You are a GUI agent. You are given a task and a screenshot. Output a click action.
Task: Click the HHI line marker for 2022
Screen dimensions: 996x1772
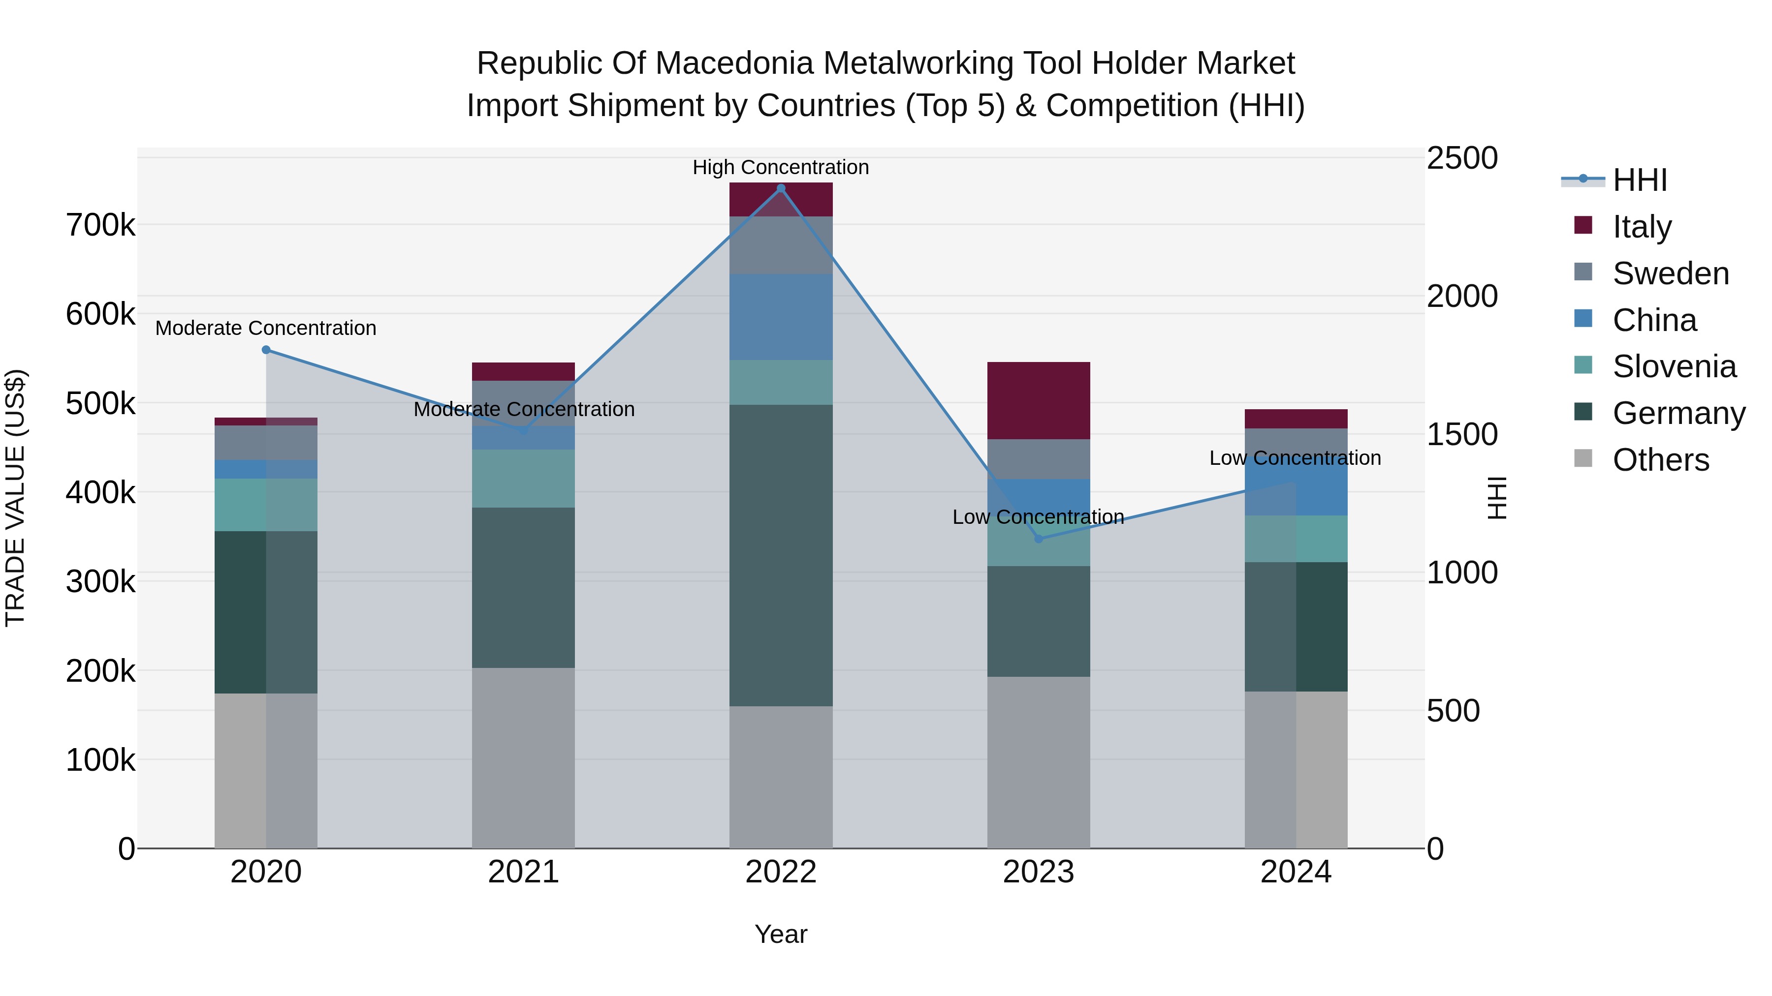tap(781, 188)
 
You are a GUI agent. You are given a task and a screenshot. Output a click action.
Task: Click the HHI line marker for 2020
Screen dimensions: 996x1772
tap(266, 350)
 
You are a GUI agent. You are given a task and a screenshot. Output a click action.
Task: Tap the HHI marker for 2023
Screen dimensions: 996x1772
tap(1039, 539)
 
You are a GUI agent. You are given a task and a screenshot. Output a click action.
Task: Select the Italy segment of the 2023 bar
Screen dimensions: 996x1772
tap(1039, 401)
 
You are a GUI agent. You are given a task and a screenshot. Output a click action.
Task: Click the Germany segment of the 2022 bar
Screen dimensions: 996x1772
tap(781, 555)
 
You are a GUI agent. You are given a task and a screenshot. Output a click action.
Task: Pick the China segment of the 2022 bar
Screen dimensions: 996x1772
tap(781, 317)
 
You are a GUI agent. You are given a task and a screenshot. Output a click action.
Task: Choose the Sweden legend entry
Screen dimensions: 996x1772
tap(1670, 273)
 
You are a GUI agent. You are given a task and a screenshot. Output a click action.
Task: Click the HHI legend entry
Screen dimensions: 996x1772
tap(1639, 180)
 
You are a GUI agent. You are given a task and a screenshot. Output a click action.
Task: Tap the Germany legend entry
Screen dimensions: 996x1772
tap(1678, 413)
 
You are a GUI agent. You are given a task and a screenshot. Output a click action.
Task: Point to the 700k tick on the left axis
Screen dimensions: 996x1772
tap(100, 225)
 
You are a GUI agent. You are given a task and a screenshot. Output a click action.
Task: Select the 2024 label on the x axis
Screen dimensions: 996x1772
tap(1296, 872)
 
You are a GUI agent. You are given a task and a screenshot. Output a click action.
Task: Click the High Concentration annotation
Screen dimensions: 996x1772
tap(781, 167)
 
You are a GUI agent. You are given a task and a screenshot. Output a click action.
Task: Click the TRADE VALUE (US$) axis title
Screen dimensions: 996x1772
tap(15, 498)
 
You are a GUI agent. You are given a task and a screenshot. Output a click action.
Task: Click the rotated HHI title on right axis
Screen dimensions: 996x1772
tap(1497, 498)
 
